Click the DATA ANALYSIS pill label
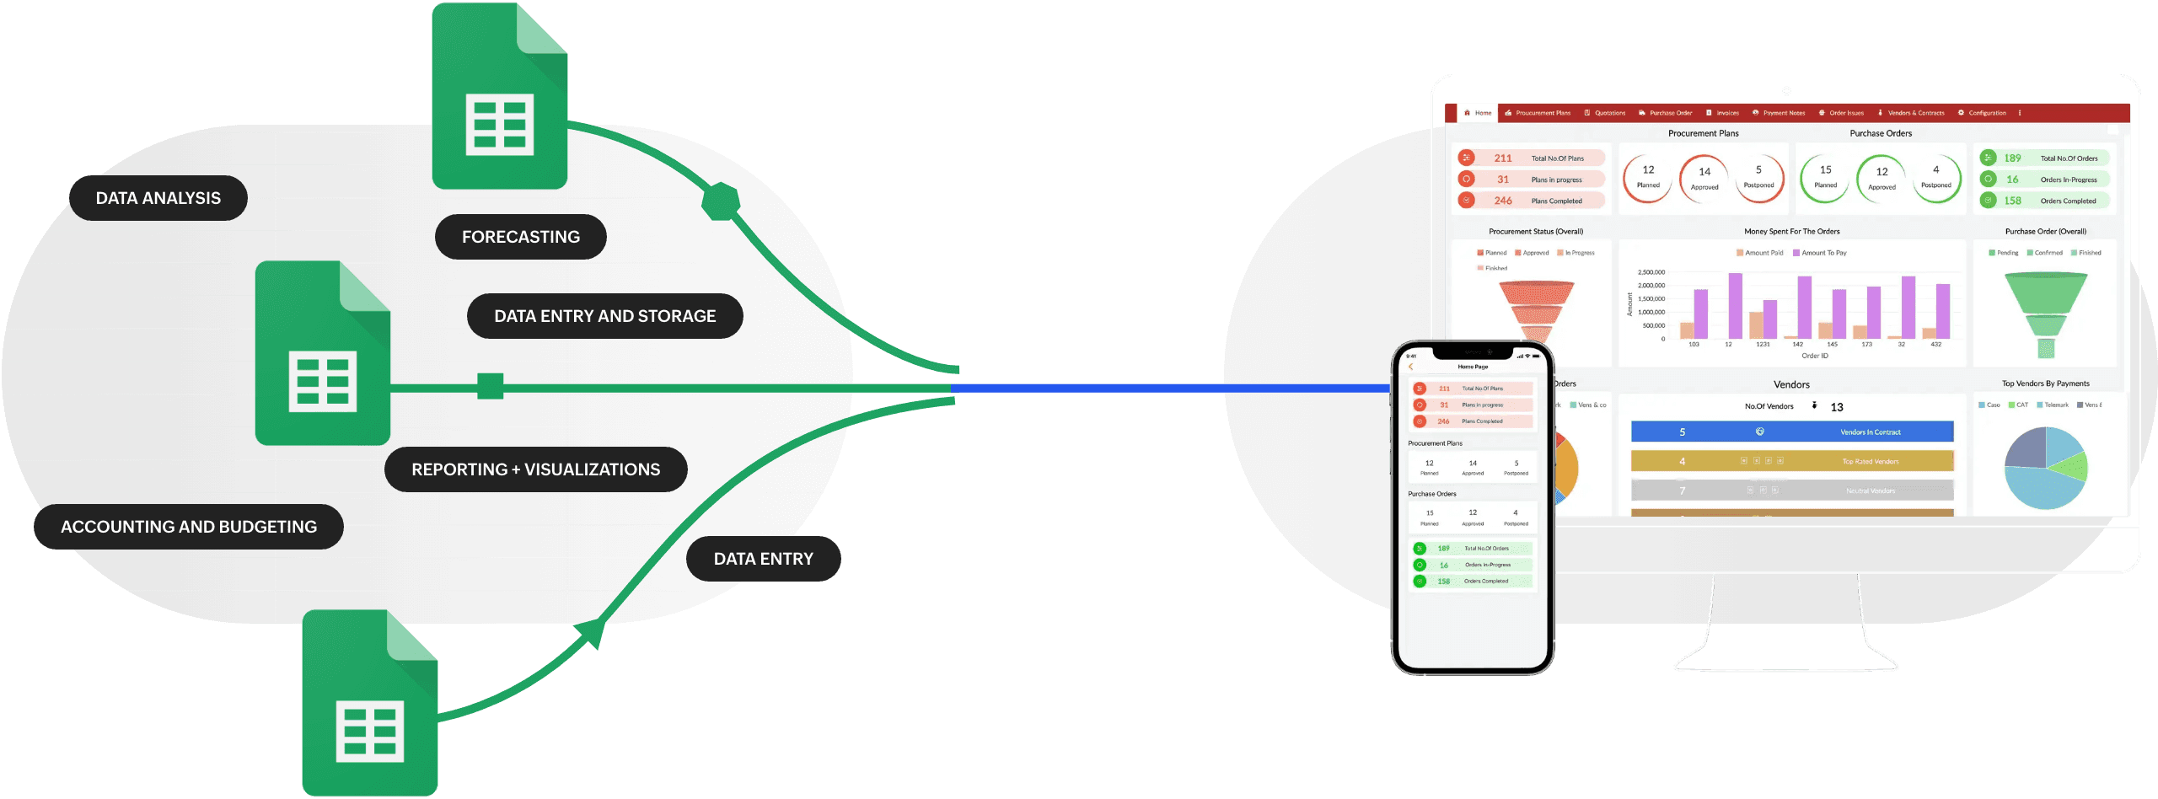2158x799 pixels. [x=158, y=198]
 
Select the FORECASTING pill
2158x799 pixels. [x=520, y=237]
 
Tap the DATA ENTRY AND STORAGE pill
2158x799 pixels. [x=604, y=316]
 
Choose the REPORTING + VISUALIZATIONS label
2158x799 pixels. [x=535, y=469]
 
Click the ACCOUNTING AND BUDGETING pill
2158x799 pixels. [x=189, y=527]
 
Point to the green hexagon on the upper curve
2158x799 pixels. [x=721, y=201]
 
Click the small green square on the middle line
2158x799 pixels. [x=490, y=386]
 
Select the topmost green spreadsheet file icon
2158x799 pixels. [x=499, y=97]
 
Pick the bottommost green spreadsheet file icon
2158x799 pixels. [x=370, y=704]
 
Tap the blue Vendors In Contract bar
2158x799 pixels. [x=1791, y=432]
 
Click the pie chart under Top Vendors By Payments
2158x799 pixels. [x=2045, y=468]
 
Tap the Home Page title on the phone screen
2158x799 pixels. [x=1473, y=367]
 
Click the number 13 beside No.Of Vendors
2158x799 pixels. [x=1837, y=407]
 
